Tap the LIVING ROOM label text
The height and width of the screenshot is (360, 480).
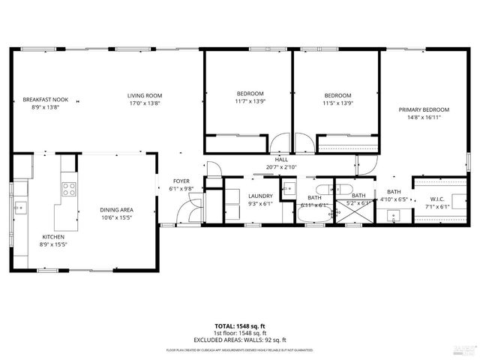[x=145, y=95]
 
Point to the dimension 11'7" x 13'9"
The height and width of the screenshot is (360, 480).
[x=250, y=101]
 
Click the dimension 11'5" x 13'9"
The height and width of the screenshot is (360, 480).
[x=337, y=103]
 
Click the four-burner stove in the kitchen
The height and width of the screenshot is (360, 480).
[x=69, y=189]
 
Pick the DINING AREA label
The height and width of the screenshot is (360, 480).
[x=116, y=210]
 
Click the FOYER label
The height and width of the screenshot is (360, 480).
[x=181, y=181]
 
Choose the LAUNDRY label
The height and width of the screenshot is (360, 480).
[x=260, y=196]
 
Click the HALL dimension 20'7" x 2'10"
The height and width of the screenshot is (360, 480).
[x=281, y=167]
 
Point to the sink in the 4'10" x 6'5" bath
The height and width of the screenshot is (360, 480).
[x=393, y=217]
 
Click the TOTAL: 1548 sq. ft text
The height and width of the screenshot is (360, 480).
[x=239, y=327]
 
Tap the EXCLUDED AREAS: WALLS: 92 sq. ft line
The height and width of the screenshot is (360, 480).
[x=239, y=340]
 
